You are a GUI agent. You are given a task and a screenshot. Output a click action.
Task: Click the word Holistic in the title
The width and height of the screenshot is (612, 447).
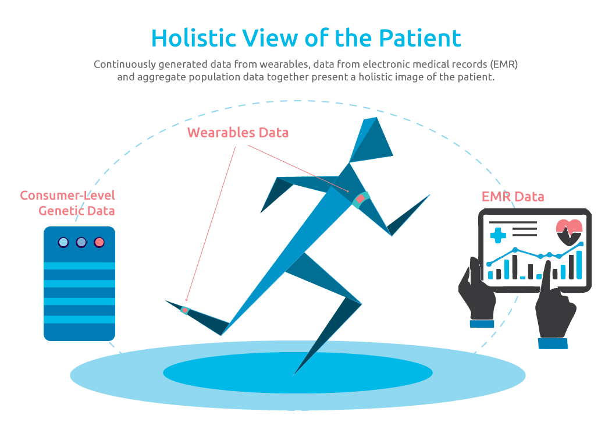point(194,38)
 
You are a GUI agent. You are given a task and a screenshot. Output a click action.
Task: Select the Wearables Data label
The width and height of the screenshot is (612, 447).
point(238,133)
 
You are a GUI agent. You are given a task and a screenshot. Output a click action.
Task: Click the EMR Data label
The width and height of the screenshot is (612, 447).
point(513,196)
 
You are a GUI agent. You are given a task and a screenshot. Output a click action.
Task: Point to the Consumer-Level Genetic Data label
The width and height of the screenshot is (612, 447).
point(67,203)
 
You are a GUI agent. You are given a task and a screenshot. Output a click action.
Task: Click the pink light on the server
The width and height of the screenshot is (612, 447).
point(99,243)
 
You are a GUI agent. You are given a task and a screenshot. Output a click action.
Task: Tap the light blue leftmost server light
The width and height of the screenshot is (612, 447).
point(63,243)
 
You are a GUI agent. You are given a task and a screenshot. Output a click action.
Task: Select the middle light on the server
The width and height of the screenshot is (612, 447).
point(81,243)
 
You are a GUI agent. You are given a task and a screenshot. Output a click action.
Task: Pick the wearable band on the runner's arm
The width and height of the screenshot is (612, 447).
point(360,200)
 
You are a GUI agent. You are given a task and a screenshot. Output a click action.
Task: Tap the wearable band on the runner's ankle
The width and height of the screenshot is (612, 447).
point(185,310)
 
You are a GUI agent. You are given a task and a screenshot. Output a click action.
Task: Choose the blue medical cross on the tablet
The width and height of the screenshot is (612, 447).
point(497,235)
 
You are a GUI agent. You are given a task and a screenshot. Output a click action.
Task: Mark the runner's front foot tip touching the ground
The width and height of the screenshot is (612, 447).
point(294,375)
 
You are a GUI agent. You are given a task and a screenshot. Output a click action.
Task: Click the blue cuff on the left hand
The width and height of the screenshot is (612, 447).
point(482,324)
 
